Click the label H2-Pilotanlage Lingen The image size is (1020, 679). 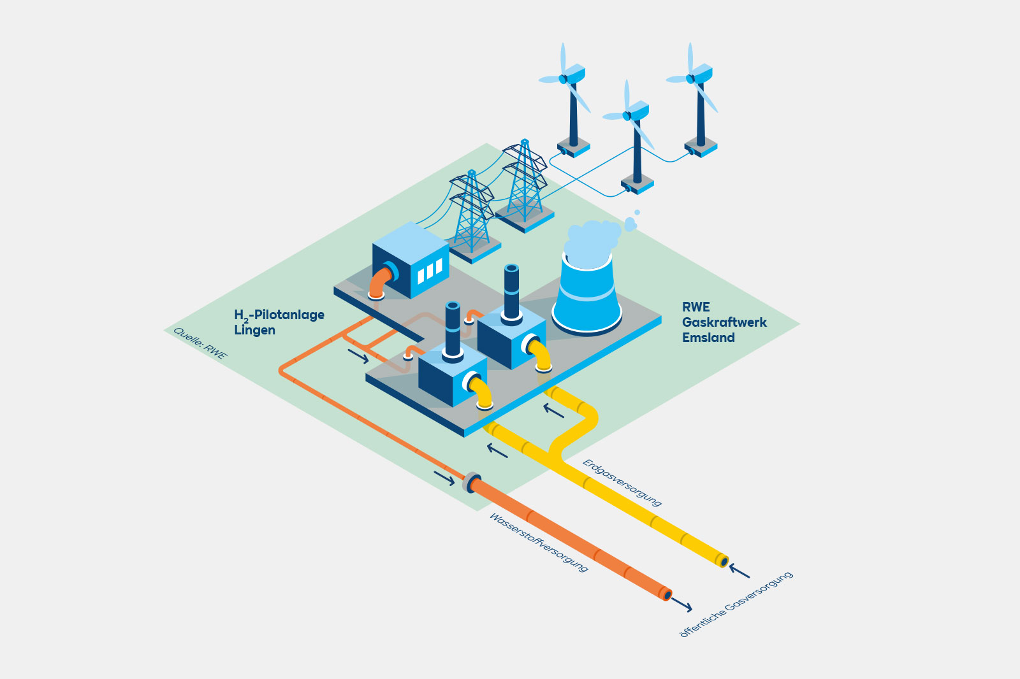(x=279, y=322)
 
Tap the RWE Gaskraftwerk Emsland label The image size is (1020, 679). (x=724, y=322)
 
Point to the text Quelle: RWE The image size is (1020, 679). (x=200, y=344)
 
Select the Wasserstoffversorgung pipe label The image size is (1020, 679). (x=538, y=542)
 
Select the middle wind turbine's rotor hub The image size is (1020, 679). (x=627, y=116)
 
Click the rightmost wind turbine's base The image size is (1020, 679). (x=701, y=150)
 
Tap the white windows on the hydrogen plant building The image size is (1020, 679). (x=430, y=271)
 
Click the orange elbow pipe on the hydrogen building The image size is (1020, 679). (x=379, y=283)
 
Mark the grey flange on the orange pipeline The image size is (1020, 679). (x=471, y=482)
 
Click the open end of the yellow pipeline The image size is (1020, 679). (x=723, y=561)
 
